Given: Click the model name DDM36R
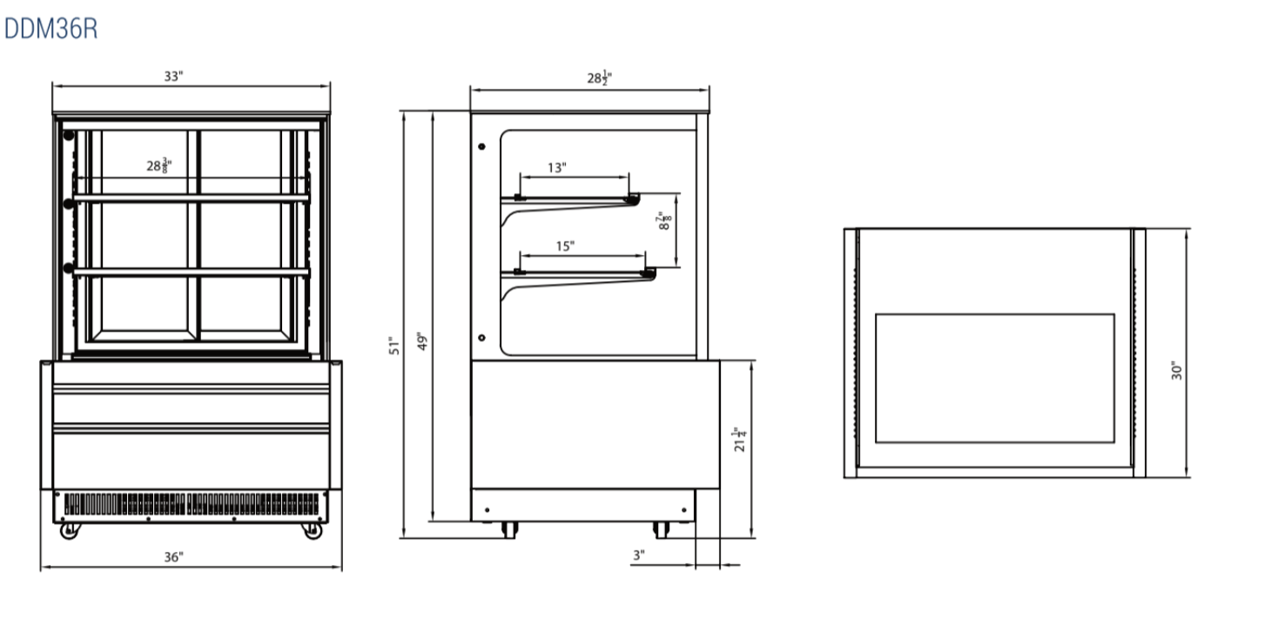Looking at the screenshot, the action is point(50,29).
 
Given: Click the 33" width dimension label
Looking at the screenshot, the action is point(174,77).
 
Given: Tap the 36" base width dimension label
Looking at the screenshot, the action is point(174,557).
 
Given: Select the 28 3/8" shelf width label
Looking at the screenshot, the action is point(159,165).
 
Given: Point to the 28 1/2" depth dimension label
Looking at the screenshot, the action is point(599,77).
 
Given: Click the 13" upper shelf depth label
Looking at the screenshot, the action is point(557,168).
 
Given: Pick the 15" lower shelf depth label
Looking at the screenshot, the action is point(565,246).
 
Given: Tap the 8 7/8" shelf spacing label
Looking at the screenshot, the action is point(664,220).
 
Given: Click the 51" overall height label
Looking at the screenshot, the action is point(393,346).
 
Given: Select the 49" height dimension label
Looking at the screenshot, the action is point(422,341).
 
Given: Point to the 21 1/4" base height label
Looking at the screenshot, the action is point(740,439).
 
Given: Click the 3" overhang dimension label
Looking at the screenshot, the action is point(638,555).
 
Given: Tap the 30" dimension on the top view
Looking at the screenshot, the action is point(1176,371).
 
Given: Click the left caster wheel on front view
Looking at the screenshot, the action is point(70,530).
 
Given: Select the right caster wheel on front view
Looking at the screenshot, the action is point(312,530).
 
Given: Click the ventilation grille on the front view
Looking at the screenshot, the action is point(191,504).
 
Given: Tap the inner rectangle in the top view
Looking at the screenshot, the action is point(995,378).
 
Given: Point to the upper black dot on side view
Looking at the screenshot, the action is point(481,147).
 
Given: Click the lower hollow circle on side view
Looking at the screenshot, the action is point(481,338).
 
